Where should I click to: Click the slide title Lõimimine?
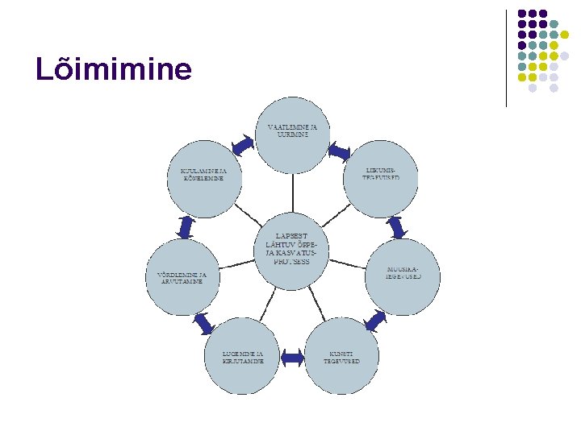114,70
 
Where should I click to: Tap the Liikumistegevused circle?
380,180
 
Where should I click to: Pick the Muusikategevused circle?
403,276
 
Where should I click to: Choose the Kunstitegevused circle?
342,356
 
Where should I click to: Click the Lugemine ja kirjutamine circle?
243,356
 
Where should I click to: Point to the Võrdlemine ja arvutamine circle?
182,276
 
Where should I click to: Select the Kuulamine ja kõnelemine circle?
204,180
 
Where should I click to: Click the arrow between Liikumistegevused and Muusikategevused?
395,227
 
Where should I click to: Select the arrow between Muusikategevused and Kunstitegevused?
375,321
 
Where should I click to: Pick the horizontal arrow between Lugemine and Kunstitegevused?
292,356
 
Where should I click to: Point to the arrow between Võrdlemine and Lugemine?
204,323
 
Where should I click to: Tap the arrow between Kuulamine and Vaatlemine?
243,145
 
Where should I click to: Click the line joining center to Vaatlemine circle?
292,193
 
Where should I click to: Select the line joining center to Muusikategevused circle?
348,263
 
